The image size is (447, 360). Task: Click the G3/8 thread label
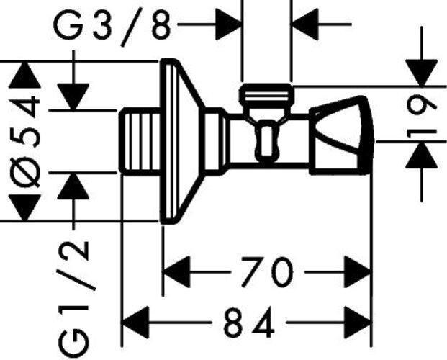click(x=112, y=28)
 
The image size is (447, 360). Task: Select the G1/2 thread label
click(x=74, y=299)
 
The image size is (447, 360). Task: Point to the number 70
click(x=267, y=271)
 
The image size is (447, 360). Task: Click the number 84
click(x=249, y=323)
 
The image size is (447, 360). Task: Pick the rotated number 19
click(x=422, y=117)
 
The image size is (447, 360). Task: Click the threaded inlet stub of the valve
click(x=140, y=141)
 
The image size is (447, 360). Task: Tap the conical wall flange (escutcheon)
click(x=182, y=141)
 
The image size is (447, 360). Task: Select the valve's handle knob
click(x=341, y=136)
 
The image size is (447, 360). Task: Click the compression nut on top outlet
click(x=266, y=94)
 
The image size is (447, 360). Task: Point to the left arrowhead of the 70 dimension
click(x=177, y=271)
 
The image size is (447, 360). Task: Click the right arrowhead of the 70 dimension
click(x=358, y=271)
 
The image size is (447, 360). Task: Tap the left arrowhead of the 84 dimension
click(x=136, y=323)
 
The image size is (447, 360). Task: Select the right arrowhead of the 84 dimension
click(x=358, y=323)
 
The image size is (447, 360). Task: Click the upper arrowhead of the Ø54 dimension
click(x=24, y=75)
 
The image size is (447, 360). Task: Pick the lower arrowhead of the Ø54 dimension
click(x=24, y=207)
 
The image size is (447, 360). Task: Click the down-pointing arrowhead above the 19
click(x=422, y=73)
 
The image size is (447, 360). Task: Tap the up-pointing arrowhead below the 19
click(x=422, y=155)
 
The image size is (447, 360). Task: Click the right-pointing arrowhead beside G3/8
click(x=228, y=24)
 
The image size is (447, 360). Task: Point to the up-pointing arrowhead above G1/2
click(x=73, y=186)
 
